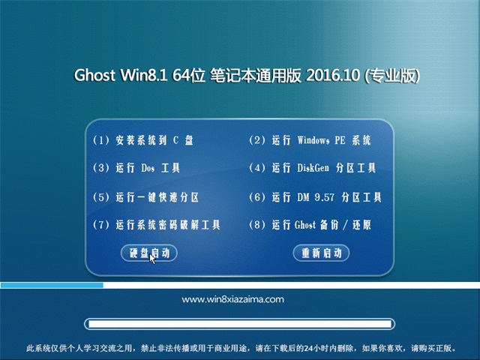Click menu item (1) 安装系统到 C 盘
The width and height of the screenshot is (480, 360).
pyautogui.click(x=143, y=140)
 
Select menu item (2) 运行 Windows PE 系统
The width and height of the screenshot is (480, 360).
pyautogui.click(x=309, y=140)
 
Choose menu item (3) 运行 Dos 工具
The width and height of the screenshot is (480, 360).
pyautogui.click(x=136, y=169)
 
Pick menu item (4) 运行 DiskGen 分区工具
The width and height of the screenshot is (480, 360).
pyautogui.click(x=316, y=169)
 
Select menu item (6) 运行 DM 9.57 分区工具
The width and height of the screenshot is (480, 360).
pyautogui.click(x=315, y=197)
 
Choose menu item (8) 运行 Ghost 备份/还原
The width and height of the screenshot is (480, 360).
pyautogui.click(x=309, y=225)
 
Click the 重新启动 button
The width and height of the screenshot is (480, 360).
pyautogui.click(x=321, y=253)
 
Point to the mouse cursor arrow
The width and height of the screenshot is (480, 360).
pyautogui.click(x=152, y=258)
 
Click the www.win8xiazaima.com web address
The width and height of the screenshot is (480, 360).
pyautogui.click(x=233, y=299)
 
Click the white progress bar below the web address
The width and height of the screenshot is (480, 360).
pyautogui.click(x=239, y=324)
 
